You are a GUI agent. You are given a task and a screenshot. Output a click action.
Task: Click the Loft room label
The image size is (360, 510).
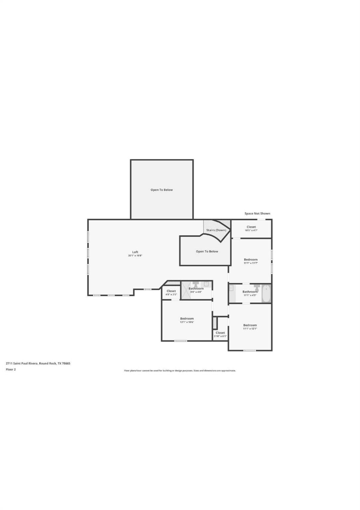click(135, 252)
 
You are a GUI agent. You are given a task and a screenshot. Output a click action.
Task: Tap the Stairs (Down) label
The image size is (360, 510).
click(216, 230)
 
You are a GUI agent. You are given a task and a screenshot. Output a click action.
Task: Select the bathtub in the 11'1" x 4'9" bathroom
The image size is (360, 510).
click(266, 293)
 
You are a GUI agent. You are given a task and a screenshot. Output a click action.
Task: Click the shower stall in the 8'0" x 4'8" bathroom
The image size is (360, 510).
click(186, 290)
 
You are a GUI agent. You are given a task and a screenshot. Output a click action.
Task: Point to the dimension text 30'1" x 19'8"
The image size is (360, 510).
click(135, 256)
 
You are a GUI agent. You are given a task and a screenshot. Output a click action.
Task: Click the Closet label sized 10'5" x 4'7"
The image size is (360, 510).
click(251, 227)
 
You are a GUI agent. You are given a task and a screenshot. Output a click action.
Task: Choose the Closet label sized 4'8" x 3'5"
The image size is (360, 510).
click(171, 291)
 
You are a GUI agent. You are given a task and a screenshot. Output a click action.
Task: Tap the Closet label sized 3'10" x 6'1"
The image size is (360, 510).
click(220, 332)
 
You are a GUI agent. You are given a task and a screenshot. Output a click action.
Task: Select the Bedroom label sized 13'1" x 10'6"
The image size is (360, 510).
click(187, 318)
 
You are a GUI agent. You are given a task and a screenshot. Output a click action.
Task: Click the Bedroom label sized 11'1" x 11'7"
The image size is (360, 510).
click(251, 259)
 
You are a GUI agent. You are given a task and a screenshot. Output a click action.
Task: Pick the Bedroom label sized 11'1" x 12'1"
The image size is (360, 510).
click(250, 325)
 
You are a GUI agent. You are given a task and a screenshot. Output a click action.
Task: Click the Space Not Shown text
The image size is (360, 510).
click(257, 213)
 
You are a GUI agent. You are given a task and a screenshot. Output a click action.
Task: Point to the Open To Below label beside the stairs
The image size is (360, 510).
click(207, 251)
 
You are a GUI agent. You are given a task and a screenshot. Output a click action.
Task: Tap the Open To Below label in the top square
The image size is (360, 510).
click(162, 190)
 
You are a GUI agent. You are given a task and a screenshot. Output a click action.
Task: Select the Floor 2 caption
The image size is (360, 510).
click(11, 369)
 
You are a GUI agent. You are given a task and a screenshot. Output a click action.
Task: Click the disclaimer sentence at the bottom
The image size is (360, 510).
click(180, 371)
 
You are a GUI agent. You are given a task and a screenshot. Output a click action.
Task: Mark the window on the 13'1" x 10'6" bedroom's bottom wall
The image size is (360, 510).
click(180, 341)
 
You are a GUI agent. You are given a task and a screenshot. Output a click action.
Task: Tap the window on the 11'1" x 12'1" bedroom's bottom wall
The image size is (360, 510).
click(250, 351)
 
